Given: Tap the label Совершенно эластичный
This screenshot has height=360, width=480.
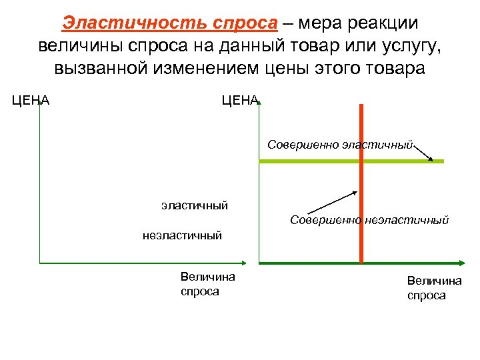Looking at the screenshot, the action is (x=341, y=144).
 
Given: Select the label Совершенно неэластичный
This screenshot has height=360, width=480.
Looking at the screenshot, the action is (x=369, y=219).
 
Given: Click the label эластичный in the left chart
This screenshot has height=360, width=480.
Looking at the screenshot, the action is (x=194, y=205).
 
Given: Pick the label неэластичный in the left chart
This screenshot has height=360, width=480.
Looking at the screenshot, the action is (x=182, y=235).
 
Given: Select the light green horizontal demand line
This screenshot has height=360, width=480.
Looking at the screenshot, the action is (x=307, y=161).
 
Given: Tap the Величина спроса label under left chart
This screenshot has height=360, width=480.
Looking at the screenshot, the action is (x=207, y=284).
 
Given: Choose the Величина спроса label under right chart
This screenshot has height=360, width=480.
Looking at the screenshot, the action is (x=434, y=288).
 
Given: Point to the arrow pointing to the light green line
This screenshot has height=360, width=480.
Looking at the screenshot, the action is (x=425, y=153).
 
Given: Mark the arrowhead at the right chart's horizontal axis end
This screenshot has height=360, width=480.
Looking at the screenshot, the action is (x=461, y=263).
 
